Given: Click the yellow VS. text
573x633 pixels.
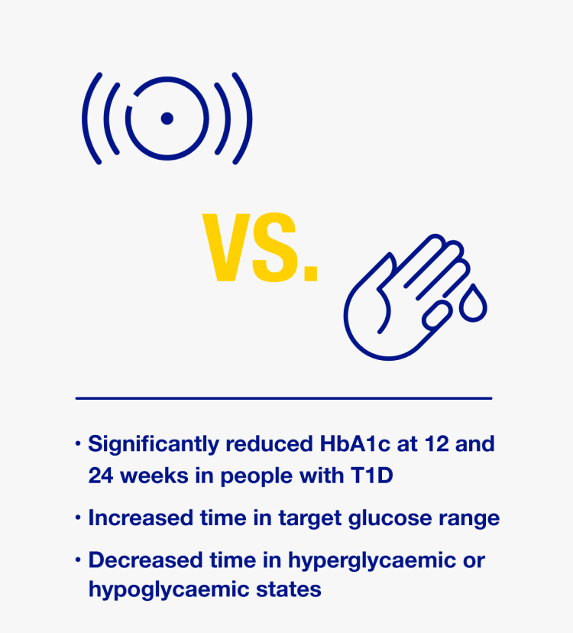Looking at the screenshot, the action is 261,247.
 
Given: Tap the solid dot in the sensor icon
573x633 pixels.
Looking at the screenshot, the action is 167,118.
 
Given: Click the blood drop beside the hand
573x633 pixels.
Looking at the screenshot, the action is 473,303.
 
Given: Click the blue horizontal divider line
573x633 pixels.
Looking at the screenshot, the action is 283,398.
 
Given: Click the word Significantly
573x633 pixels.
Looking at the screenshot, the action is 154,445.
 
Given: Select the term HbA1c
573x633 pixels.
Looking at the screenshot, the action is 355,443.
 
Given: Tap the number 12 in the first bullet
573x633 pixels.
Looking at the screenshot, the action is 436,443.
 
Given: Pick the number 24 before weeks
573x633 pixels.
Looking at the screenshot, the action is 101,476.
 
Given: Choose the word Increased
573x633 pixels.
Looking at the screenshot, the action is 141,518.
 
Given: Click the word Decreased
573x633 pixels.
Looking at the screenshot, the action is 145,560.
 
